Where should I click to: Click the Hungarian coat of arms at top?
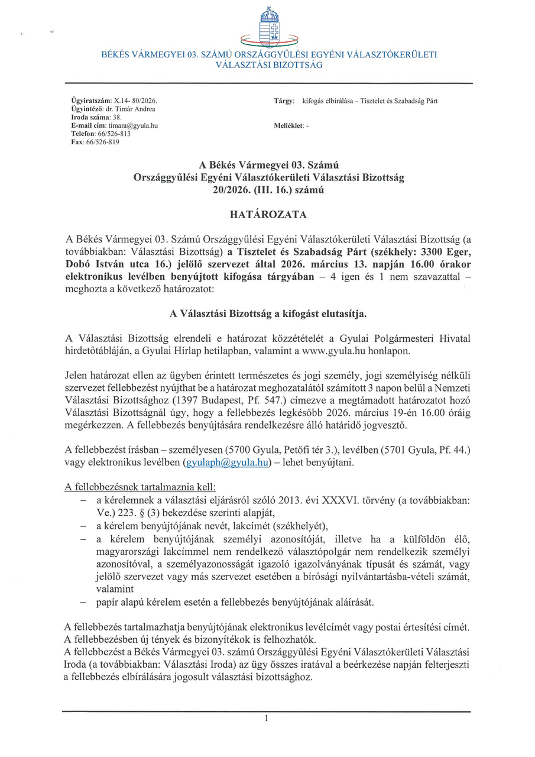269,26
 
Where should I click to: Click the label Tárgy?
284,101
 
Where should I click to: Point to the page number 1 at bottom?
267,719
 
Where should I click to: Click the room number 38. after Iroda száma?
116,118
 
